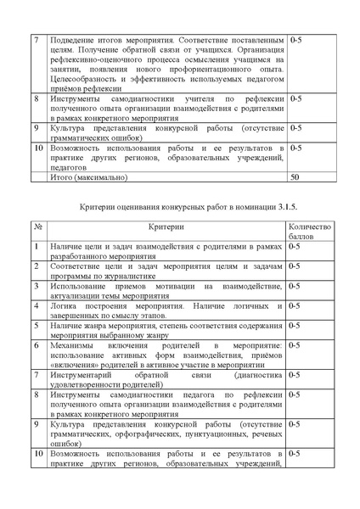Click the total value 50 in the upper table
pos(295,178)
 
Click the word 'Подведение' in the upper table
pos(76,40)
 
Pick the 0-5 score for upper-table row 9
pos(296,128)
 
